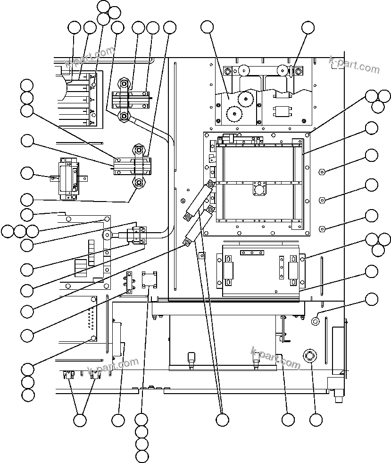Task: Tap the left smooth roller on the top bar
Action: [244, 70]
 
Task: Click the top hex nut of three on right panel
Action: [322, 171]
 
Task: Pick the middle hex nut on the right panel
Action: [322, 200]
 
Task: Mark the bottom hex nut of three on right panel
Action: [322, 229]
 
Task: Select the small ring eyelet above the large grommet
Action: [316, 321]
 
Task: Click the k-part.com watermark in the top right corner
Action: [354, 66]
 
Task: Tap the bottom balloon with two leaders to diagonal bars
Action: [222, 419]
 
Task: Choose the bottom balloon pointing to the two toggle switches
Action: [80, 419]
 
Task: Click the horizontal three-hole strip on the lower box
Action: [252, 253]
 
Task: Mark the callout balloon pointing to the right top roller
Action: [308, 28]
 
